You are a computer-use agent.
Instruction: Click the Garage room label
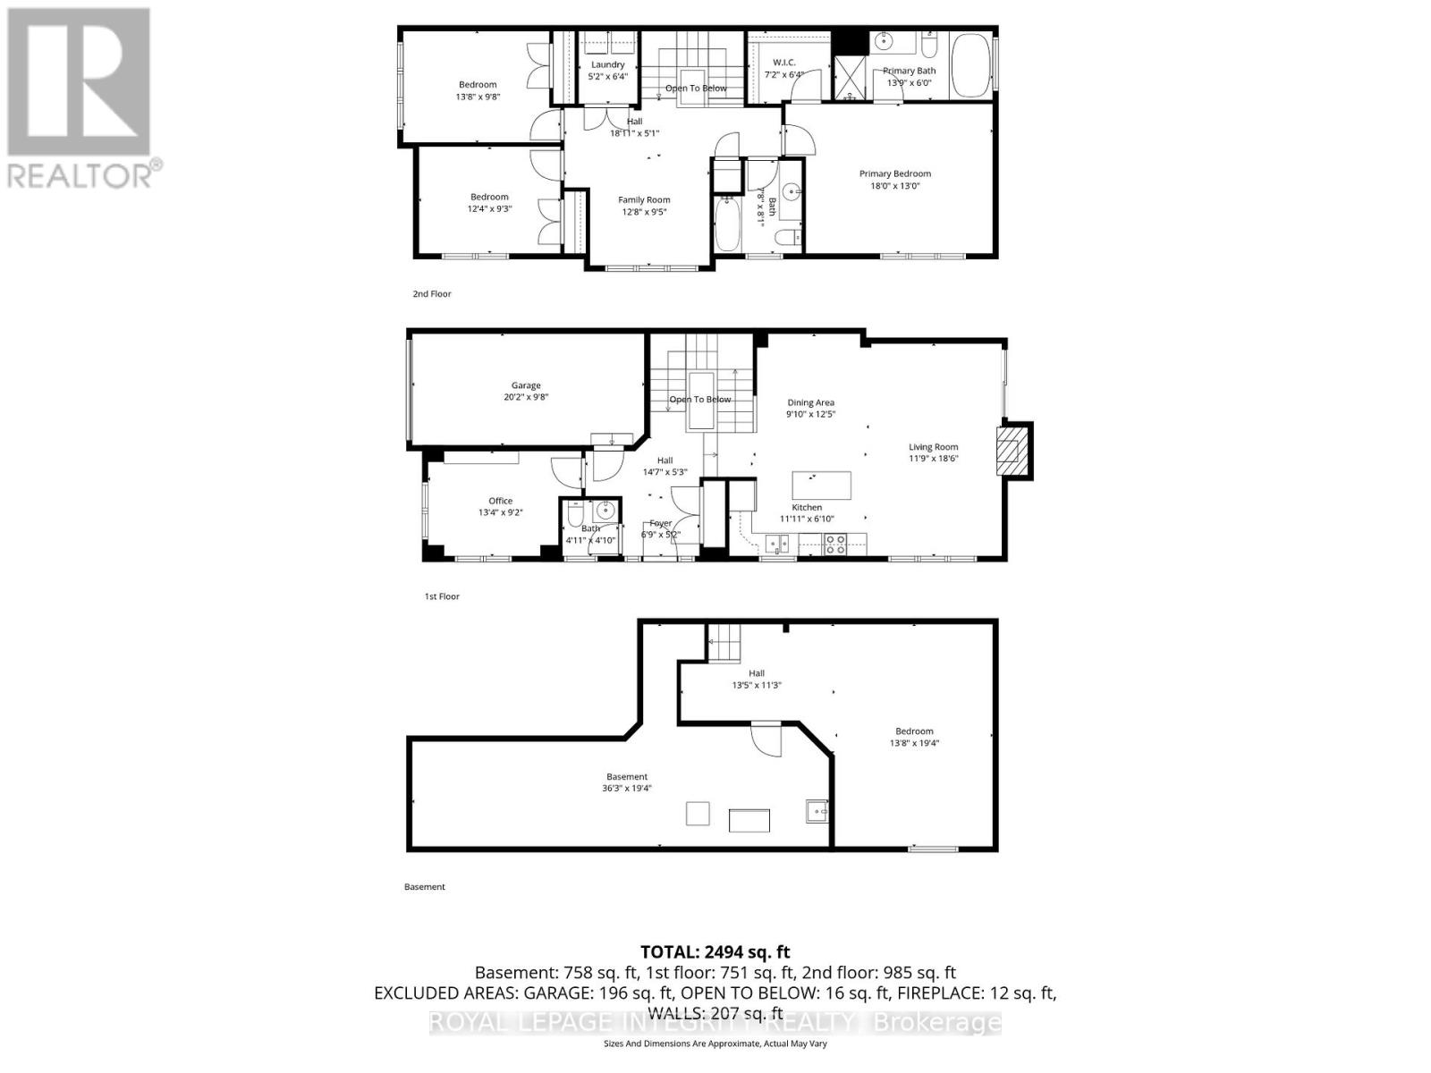coord(526,385)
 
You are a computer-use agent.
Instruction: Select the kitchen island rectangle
coord(821,486)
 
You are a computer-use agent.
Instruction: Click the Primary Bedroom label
coord(894,173)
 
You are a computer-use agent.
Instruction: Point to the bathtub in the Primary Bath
coord(971,64)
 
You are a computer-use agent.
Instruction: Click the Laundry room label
coord(607,64)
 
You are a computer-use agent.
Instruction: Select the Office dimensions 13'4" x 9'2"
coord(500,512)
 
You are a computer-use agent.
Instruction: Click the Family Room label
coord(644,199)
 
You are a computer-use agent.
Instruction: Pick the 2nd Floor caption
coord(432,293)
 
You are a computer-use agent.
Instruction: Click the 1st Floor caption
coord(442,596)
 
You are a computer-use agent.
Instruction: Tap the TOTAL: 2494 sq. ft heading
coord(715,952)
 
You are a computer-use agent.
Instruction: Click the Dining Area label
coord(810,402)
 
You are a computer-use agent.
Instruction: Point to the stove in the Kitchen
coord(834,544)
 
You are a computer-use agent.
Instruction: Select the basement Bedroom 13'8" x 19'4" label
coord(914,737)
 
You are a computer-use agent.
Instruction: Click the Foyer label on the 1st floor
coord(660,523)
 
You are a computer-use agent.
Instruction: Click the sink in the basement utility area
coord(817,810)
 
